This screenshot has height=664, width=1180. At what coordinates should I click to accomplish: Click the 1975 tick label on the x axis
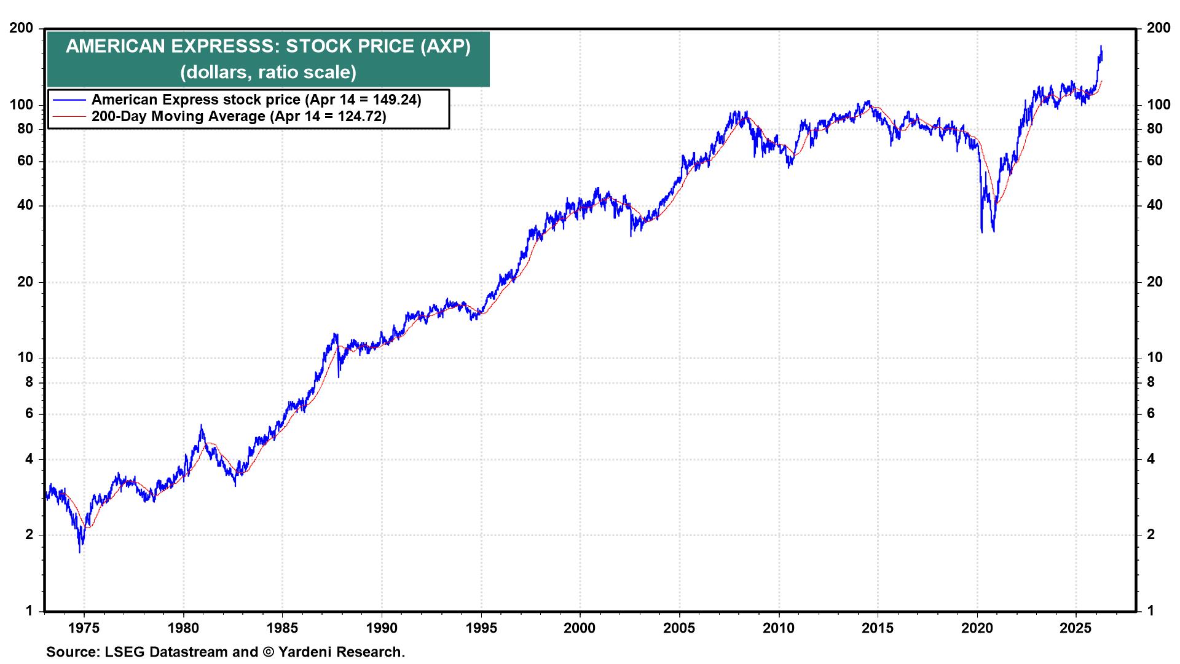(x=84, y=628)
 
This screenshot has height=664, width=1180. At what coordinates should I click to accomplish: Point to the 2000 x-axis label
(x=580, y=628)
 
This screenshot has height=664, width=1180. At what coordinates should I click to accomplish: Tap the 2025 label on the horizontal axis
(x=1076, y=628)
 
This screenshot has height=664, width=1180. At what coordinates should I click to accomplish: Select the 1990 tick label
(x=381, y=628)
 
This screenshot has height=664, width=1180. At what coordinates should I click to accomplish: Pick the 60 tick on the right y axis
(x=1155, y=161)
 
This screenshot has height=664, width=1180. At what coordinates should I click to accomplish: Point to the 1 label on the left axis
(x=28, y=611)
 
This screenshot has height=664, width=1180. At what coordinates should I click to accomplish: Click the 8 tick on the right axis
(x=1151, y=382)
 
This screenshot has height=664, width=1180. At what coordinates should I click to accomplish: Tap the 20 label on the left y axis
(x=25, y=282)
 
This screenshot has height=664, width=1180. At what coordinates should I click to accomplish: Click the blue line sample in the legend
(x=69, y=100)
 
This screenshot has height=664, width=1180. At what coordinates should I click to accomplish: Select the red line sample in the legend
(x=69, y=116)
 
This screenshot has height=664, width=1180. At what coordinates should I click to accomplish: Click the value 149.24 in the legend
(x=393, y=100)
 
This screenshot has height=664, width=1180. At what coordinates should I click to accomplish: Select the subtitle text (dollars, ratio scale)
(x=268, y=72)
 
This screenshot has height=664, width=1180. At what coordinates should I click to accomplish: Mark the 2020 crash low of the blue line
(x=982, y=232)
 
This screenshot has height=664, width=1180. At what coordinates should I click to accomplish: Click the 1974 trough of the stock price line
(x=79, y=551)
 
